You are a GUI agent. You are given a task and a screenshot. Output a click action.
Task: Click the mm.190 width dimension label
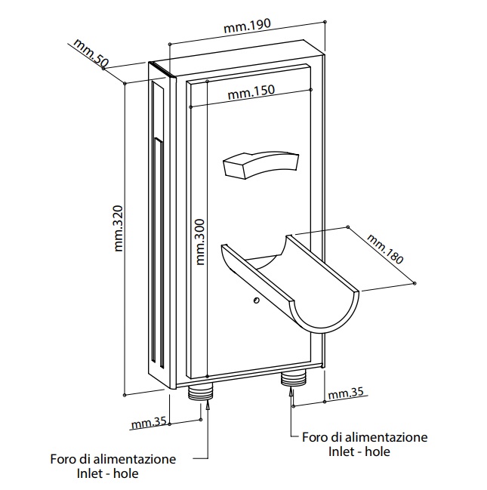(248, 28)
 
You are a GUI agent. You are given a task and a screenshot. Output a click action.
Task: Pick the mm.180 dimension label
(385, 248)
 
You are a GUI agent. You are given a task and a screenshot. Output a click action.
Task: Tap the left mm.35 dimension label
(148, 423)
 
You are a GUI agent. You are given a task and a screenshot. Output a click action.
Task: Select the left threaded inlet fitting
(201, 391)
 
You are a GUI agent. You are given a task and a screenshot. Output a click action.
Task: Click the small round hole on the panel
(257, 300)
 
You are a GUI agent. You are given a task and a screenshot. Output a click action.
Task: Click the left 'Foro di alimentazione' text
(113, 458)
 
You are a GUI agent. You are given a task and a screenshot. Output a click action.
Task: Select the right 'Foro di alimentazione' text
(365, 436)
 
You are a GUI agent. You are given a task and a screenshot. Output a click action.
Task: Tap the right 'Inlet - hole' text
(359, 451)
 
